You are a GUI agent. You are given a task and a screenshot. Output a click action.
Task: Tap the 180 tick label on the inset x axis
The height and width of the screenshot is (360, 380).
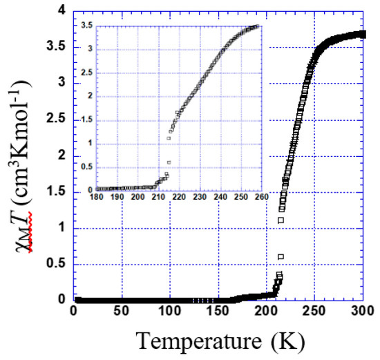point(97,198)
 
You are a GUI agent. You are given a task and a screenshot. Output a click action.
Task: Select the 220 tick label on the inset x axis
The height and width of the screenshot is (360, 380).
point(179,198)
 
